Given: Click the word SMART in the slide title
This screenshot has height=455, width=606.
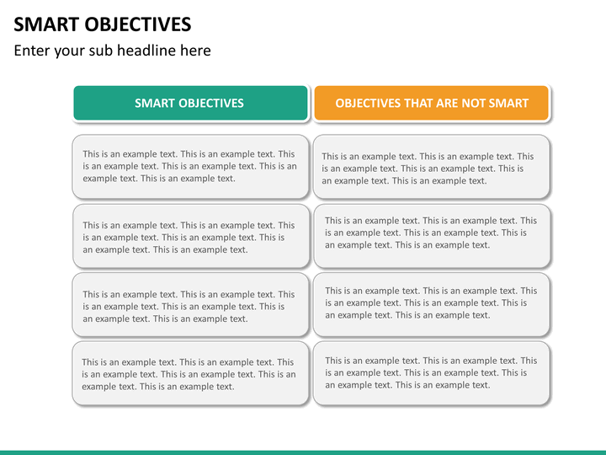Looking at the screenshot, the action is (x=46, y=24).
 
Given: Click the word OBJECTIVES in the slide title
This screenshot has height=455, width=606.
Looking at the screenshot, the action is (x=137, y=24).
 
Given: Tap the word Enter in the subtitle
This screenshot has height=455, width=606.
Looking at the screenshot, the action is (x=32, y=51).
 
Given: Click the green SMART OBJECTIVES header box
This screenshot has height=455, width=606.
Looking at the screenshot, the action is (x=190, y=103).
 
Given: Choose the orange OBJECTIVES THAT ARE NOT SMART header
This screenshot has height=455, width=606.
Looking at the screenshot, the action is (x=431, y=103).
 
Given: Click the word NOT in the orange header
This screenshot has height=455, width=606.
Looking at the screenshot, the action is (x=473, y=104).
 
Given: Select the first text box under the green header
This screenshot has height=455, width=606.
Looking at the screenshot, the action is (x=190, y=167).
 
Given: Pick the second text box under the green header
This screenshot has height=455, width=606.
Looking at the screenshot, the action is (x=191, y=236).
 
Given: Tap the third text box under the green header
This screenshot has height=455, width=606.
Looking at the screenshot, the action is (x=190, y=304).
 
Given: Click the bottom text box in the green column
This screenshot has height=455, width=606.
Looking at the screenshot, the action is (x=190, y=373).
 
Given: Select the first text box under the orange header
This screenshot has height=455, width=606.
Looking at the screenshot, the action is (x=431, y=167).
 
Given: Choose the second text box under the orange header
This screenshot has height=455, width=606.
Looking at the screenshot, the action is (x=432, y=236).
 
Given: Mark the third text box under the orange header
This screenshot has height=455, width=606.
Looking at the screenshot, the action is (x=431, y=304).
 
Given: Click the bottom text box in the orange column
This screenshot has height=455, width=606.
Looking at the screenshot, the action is (x=431, y=373).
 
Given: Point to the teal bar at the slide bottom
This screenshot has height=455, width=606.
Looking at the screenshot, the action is (x=303, y=452).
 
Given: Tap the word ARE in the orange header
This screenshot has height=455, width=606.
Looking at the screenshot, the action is (x=446, y=104).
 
